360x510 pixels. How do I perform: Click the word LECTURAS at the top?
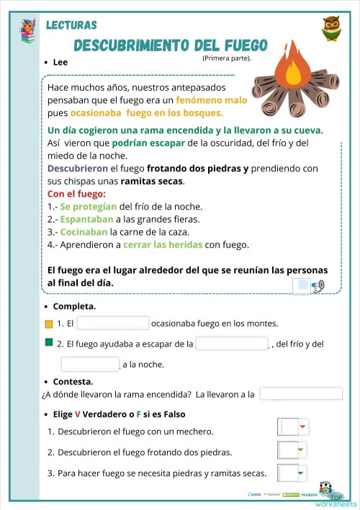coord(71,24)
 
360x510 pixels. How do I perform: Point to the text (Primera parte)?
coord(227,58)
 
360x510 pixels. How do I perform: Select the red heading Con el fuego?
coord(76,194)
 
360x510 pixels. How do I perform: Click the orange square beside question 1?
coord(49,323)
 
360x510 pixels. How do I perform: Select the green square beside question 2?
coord(49,343)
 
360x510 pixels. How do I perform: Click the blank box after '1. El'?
coord(112,323)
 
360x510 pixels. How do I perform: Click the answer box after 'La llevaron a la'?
coord(301,394)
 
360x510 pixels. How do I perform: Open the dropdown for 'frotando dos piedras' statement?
coord(292,451)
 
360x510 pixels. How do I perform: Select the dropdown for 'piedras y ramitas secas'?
coord(292,473)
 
